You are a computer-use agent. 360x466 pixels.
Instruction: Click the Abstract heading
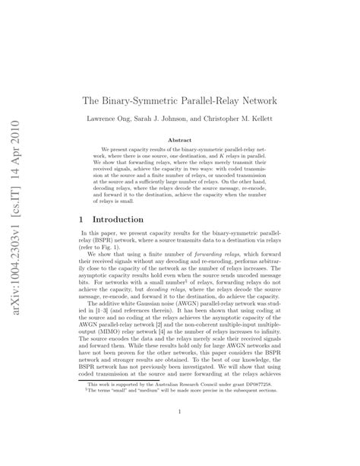[x=179, y=140]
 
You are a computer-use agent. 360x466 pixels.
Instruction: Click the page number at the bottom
[x=180, y=412]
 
